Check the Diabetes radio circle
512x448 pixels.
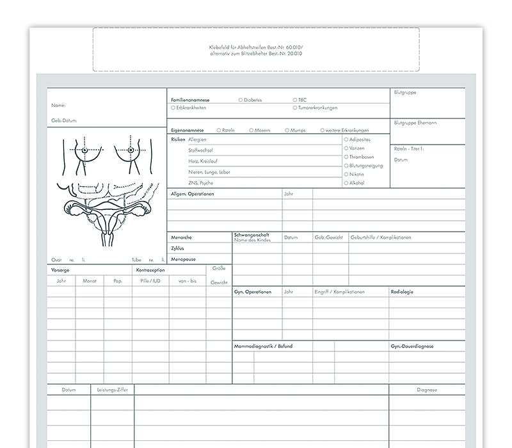tap(240, 100)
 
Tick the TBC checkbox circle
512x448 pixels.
tap(295, 100)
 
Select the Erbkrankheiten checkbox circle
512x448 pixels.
tap(173, 108)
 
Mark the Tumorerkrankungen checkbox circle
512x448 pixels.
tap(295, 108)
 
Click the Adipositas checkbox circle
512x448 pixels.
tap(346, 139)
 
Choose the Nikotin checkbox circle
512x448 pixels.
tap(346, 174)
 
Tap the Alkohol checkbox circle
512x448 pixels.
tap(346, 183)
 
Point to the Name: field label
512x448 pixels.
tap(58, 105)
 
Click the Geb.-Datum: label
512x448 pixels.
tap(65, 120)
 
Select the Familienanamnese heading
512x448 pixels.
tap(190, 100)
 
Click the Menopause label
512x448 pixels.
tap(183, 259)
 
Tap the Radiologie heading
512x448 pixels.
tap(402, 292)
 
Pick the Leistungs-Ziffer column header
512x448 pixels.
tap(112, 389)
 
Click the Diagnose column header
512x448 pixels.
tap(426, 389)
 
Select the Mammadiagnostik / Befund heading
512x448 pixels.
tap(263, 346)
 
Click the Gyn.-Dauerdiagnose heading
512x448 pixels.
tap(412, 346)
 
